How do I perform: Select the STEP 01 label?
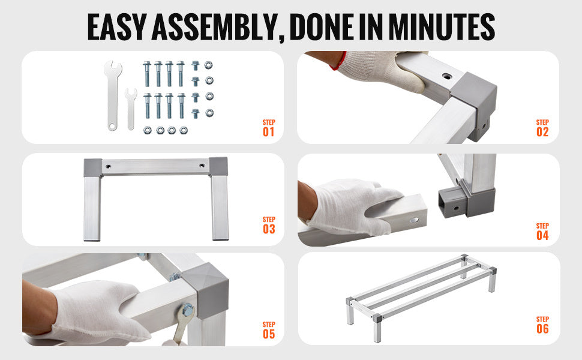tap(268, 128)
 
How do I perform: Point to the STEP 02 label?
tap(542, 128)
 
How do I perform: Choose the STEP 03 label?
tap(268, 225)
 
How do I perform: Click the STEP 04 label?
tap(542, 232)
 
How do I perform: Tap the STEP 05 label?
tap(268, 329)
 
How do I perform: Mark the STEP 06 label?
tap(542, 325)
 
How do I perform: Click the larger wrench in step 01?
tap(111, 96)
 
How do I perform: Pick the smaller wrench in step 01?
tap(131, 108)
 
